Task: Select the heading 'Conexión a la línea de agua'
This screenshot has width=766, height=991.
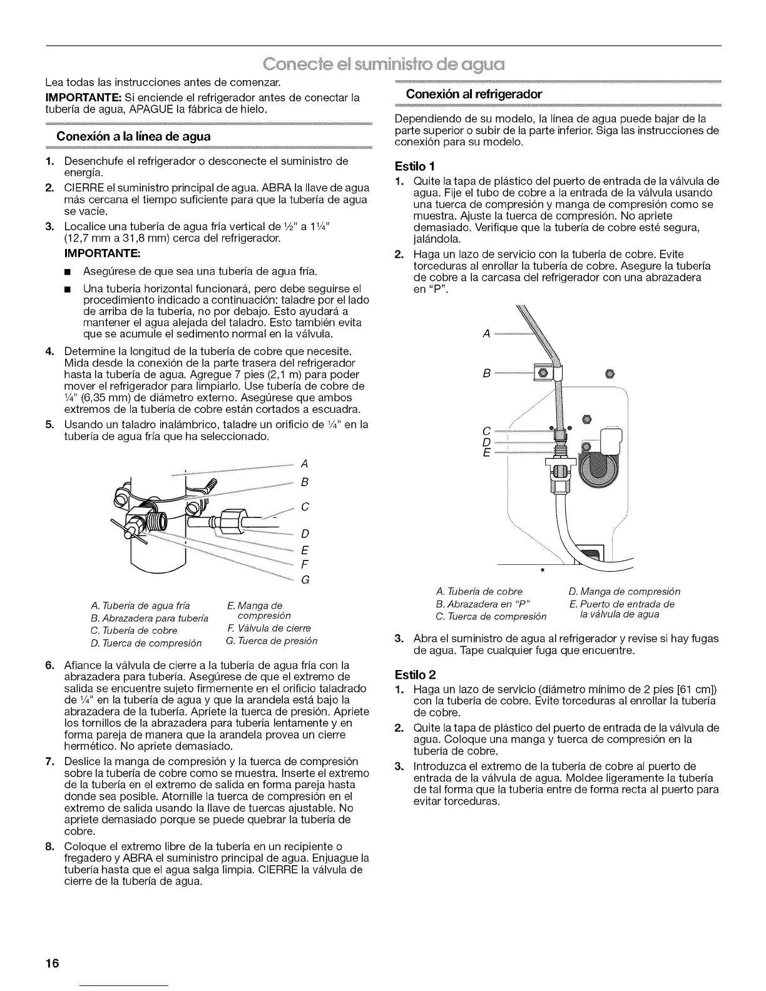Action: pyautogui.click(x=133, y=136)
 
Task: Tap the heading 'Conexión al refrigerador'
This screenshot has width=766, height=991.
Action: pyautogui.click(x=474, y=94)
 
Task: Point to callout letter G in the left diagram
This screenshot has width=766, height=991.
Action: pyautogui.click(x=305, y=579)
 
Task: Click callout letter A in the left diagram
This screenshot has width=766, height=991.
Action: pyautogui.click(x=305, y=464)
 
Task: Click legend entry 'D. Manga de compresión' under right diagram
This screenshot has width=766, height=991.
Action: pyautogui.click(x=624, y=591)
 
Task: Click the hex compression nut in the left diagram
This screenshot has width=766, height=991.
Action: pyautogui.click(x=232, y=517)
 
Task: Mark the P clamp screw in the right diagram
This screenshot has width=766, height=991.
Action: pyautogui.click(x=543, y=374)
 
